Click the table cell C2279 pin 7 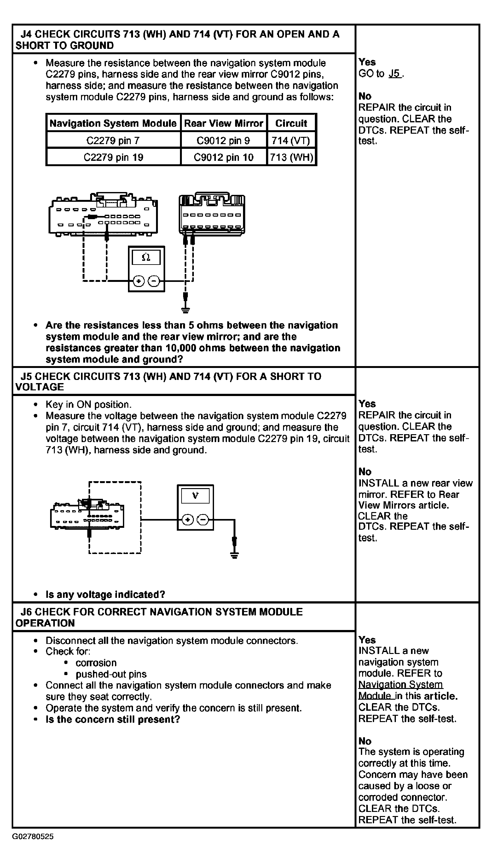(x=113, y=141)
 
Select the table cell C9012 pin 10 (x=223, y=157)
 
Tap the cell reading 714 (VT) (x=291, y=141)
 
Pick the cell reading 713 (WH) (x=291, y=157)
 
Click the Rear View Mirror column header (x=223, y=123)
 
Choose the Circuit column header (x=291, y=123)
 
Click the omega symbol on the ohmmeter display (x=146, y=258)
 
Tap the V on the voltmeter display (x=195, y=496)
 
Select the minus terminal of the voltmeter (x=203, y=520)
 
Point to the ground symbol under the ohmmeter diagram (x=185, y=309)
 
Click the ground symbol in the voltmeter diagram (x=234, y=554)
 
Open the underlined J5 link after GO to (x=394, y=73)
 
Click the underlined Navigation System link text (x=400, y=685)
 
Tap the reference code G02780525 (x=33, y=837)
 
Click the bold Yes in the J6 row (x=367, y=640)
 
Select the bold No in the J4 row (x=365, y=96)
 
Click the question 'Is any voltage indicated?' (x=105, y=595)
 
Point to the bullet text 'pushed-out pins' (x=111, y=674)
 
